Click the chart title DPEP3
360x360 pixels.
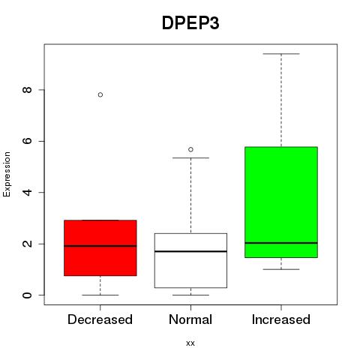[x=190, y=23]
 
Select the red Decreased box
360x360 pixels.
[x=100, y=248]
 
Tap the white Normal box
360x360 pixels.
[x=190, y=260]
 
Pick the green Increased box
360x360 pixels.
[x=281, y=202]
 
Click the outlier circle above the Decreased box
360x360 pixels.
[x=100, y=94]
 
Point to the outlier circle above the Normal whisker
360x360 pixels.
[x=190, y=149]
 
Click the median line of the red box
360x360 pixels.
[x=100, y=246]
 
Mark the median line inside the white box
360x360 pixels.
[x=190, y=251]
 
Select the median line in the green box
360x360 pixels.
[x=281, y=243]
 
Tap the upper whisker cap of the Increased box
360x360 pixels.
[x=281, y=54]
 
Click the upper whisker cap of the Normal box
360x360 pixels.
[x=190, y=157]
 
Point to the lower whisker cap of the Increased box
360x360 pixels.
[x=281, y=269]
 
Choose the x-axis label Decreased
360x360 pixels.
[x=100, y=319]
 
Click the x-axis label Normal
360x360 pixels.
[x=190, y=319]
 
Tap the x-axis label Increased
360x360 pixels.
[x=281, y=319]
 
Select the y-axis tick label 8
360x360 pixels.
[x=27, y=90]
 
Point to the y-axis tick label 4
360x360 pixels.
[x=27, y=192]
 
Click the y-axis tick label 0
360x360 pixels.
[x=27, y=295]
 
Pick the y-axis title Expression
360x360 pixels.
[x=7, y=174]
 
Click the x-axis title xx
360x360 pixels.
[x=190, y=343]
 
